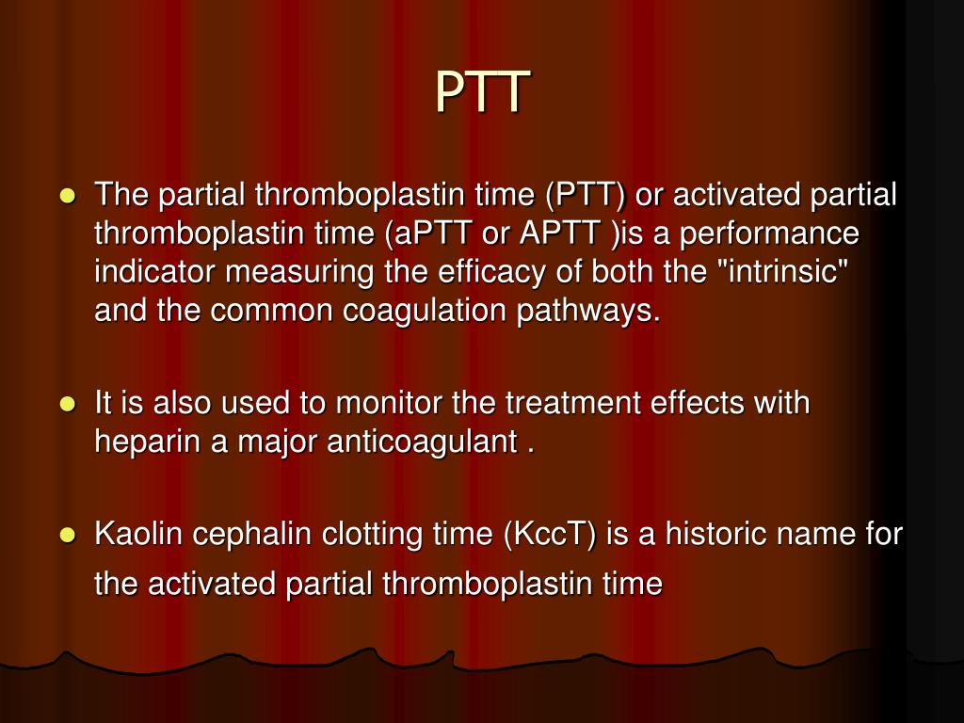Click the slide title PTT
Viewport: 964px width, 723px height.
(482, 92)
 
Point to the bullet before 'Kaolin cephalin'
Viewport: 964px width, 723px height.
(67, 536)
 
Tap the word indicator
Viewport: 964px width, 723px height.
(155, 272)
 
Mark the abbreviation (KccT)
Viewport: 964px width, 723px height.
(551, 535)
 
